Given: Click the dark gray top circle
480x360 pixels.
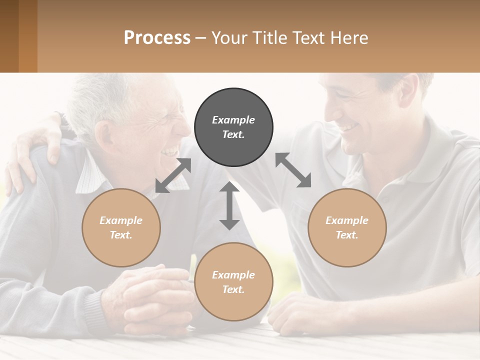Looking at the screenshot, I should [233, 127].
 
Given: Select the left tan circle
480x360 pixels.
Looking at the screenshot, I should [121, 227].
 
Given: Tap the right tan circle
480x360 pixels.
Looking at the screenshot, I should [347, 227].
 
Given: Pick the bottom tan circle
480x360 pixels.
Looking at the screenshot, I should [233, 282].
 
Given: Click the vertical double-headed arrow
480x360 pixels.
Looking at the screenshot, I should [229, 205].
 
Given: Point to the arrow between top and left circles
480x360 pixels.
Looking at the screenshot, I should [173, 175].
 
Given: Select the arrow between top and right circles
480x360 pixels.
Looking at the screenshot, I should [293, 170].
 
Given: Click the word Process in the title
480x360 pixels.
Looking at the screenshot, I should [157, 38].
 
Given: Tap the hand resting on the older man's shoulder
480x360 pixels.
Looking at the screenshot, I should [35, 150].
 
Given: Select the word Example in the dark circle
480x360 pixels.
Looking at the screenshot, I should [233, 120].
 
